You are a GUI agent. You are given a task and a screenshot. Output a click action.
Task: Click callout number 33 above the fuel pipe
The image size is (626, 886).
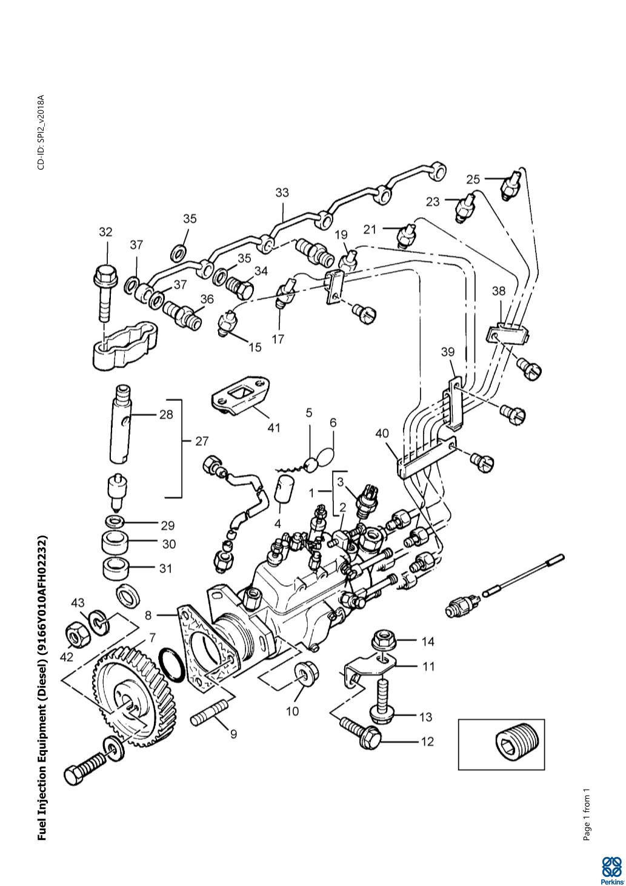tap(282, 193)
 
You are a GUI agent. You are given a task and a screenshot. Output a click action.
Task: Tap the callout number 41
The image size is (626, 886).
tap(273, 428)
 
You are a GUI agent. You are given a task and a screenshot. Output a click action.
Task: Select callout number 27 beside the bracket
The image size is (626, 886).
tap(202, 441)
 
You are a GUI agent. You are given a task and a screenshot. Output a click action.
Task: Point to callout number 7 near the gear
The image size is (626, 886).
tap(152, 637)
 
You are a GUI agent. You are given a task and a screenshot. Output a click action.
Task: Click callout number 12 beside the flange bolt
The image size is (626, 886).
tap(427, 741)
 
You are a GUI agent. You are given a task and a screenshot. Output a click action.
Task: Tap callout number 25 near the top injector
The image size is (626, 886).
tap(473, 179)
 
